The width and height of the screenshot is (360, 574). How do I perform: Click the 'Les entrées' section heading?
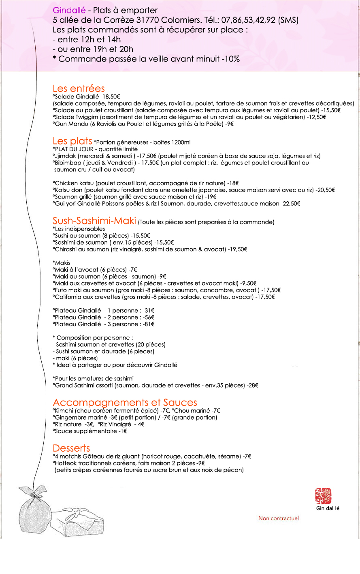click(x=79, y=89)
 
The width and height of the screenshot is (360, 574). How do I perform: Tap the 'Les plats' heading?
click(x=72, y=141)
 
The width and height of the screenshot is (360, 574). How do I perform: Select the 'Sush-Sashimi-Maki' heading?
click(x=94, y=221)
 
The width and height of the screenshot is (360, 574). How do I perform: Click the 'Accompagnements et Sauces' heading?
click(x=125, y=402)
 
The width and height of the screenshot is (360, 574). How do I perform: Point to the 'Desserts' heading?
click(x=71, y=448)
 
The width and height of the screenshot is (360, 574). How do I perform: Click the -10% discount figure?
click(x=231, y=59)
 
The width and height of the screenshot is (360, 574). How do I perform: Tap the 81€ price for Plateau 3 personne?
click(x=149, y=324)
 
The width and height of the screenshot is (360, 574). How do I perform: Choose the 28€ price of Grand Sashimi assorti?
click(x=253, y=386)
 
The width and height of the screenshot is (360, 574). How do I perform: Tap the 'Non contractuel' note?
click(x=279, y=519)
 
